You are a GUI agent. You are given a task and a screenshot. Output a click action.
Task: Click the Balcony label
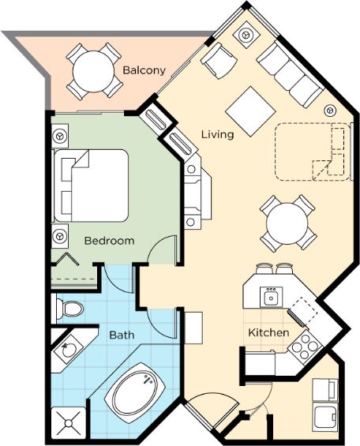[x=144, y=70]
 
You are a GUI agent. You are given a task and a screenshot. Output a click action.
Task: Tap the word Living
[x=218, y=134]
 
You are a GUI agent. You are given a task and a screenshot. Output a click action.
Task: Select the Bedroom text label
[x=110, y=241]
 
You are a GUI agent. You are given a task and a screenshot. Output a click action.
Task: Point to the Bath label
[x=122, y=335]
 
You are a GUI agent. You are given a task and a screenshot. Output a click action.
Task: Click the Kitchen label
[x=268, y=332]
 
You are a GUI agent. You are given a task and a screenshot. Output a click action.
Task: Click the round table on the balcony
[x=93, y=71]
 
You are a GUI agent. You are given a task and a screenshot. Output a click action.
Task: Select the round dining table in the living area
[x=287, y=223]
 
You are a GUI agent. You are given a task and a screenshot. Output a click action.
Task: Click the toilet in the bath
[x=69, y=308]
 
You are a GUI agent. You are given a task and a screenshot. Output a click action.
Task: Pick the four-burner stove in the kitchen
[x=305, y=347]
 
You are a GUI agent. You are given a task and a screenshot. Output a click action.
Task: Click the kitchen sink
[x=272, y=297]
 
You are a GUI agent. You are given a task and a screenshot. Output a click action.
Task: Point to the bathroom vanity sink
[x=68, y=350]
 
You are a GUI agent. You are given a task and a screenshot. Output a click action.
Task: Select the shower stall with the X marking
[x=68, y=424]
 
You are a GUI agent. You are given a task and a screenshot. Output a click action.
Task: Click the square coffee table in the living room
[x=250, y=111]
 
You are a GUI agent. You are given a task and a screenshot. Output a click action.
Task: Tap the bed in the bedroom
[x=91, y=186]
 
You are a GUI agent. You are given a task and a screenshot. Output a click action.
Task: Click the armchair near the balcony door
[x=219, y=60]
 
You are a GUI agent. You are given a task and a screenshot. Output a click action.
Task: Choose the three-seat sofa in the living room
[x=290, y=74]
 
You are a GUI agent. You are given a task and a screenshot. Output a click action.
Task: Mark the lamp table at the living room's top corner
[x=246, y=35]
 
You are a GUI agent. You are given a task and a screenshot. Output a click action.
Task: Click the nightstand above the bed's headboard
[x=60, y=136]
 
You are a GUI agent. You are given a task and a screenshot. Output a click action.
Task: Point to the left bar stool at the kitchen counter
[x=264, y=268]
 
